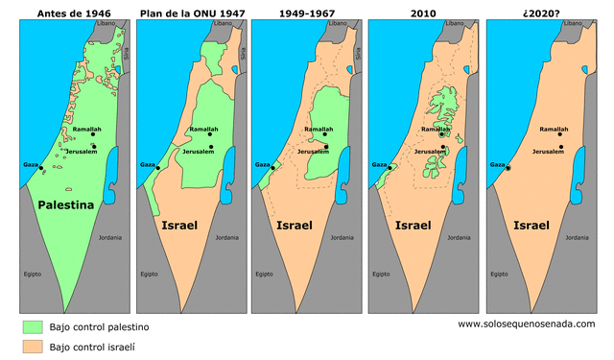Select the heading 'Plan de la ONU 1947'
[191, 12]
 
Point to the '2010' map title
[423, 12]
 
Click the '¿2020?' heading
[540, 12]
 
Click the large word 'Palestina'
[65, 205]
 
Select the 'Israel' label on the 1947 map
[180, 227]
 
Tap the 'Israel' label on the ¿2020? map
[531, 227]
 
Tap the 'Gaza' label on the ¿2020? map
[497, 165]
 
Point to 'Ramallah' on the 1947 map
[203, 129]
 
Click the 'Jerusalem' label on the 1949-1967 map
[316, 152]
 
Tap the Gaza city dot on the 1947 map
[159, 168]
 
